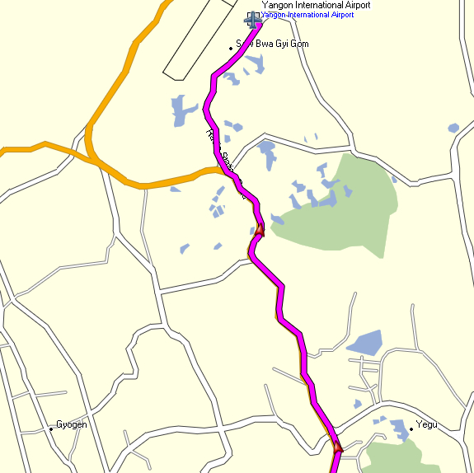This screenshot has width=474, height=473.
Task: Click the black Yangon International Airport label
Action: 316,5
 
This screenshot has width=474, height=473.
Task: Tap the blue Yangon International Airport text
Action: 307,15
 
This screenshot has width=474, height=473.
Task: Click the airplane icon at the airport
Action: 253,17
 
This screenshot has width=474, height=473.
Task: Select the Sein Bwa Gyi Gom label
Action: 272,44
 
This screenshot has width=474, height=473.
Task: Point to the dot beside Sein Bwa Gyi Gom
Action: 231,49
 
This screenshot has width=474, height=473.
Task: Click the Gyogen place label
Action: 71,425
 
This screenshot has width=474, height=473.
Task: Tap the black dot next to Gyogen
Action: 51,429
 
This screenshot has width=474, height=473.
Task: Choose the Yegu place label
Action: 427,425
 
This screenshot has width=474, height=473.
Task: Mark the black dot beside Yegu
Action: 411,429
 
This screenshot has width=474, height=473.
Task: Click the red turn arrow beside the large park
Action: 259,230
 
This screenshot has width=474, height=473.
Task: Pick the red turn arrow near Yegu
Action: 336,447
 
